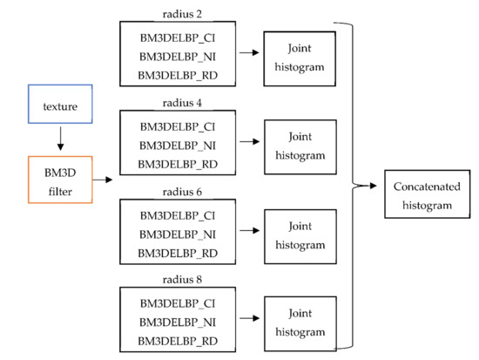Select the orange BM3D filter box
60,178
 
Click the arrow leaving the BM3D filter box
104,180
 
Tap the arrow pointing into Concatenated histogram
368,186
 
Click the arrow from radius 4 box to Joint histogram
250,142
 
